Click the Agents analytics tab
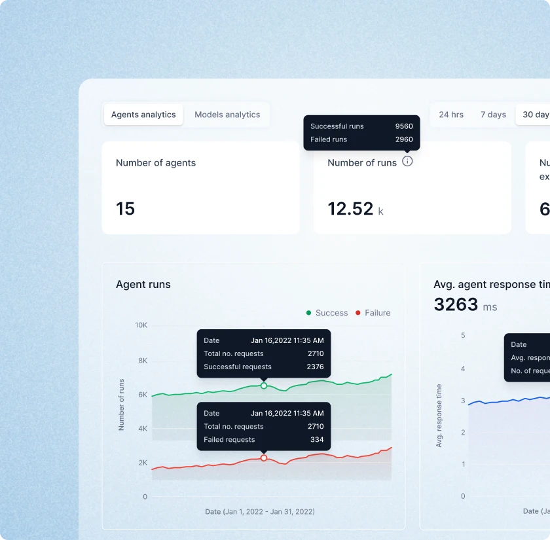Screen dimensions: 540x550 click(x=143, y=115)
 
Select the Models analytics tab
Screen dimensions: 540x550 click(x=227, y=115)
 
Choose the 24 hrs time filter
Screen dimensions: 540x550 click(x=451, y=115)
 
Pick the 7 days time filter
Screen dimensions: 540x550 click(x=493, y=115)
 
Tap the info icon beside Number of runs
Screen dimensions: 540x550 click(x=407, y=162)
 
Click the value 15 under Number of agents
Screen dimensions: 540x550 click(x=125, y=209)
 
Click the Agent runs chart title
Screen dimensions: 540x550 click(x=143, y=284)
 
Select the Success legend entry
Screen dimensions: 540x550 click(x=327, y=313)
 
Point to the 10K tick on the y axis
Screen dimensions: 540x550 click(x=141, y=325)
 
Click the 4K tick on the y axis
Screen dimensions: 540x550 click(x=142, y=429)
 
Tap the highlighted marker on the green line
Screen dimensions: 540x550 click(x=264, y=386)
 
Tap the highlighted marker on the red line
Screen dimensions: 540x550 click(x=264, y=458)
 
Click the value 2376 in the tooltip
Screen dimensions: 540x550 click(x=315, y=367)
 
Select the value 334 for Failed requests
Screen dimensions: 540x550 click(x=317, y=440)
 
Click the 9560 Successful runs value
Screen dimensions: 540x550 click(x=404, y=126)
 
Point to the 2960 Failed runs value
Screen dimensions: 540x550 click(x=404, y=139)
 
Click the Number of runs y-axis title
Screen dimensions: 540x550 click(x=121, y=405)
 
